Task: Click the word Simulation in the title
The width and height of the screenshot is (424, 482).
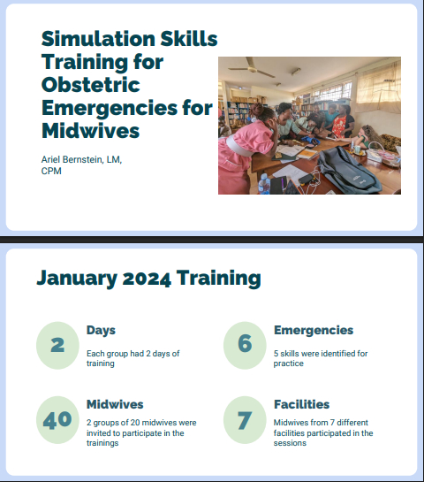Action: click(x=98, y=39)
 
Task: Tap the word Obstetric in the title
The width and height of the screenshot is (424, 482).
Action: click(x=91, y=85)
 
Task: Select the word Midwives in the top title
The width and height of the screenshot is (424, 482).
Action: click(x=91, y=131)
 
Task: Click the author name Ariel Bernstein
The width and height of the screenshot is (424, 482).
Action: click(x=72, y=159)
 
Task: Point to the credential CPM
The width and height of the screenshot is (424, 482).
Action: click(x=51, y=171)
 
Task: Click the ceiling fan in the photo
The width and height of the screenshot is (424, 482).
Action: click(x=252, y=67)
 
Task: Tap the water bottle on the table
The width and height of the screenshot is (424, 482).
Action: click(x=264, y=184)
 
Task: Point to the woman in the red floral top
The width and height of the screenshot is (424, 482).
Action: click(x=344, y=121)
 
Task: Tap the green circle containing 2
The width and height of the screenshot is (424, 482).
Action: click(x=57, y=345)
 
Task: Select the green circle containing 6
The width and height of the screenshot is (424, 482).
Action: click(x=245, y=345)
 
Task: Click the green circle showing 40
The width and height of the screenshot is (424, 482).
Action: click(x=57, y=420)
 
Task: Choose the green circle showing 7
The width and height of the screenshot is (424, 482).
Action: click(x=245, y=420)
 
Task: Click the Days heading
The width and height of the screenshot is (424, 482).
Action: click(x=101, y=331)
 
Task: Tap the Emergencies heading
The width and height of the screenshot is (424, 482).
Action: click(x=314, y=331)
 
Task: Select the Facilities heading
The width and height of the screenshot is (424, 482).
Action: click(x=301, y=404)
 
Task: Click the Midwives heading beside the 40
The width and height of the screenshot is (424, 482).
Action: click(x=115, y=404)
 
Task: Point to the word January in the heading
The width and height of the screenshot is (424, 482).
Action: click(x=77, y=279)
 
